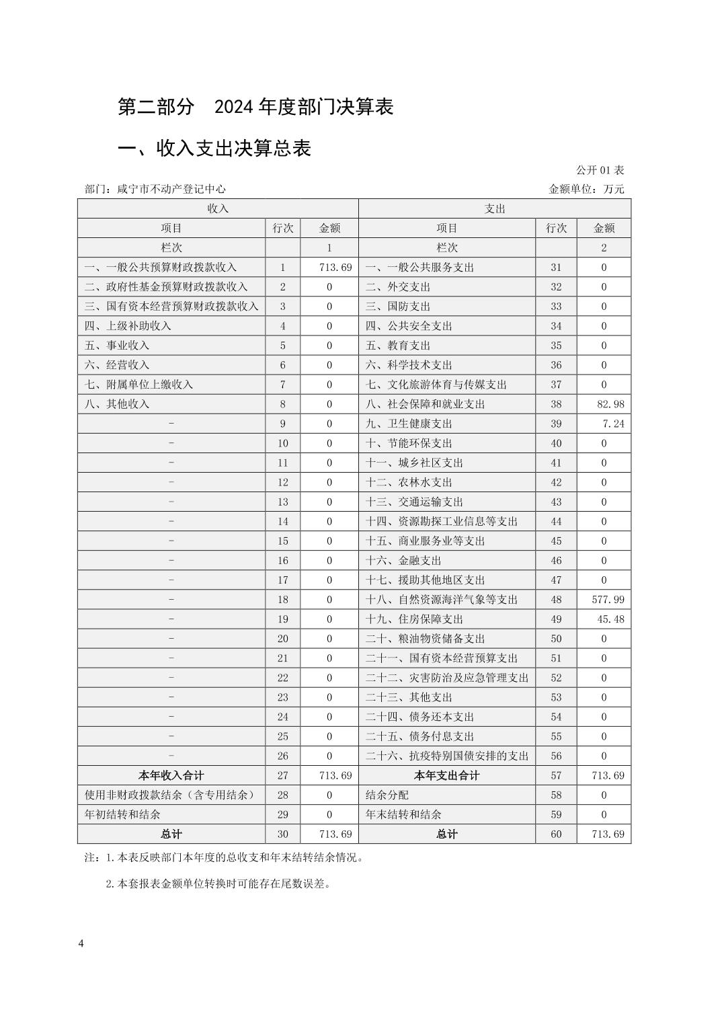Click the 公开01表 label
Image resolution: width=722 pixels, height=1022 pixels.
tap(600, 170)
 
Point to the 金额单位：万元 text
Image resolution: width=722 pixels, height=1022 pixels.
tap(587, 189)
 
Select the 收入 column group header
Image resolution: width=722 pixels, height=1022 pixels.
tap(218, 208)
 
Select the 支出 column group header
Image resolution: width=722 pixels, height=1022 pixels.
tap(495, 208)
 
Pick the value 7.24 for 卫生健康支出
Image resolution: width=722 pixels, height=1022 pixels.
tap(613, 424)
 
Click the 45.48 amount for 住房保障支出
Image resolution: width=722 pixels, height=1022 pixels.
tap(610, 619)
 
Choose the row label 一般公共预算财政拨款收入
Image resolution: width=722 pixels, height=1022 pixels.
tap(161, 267)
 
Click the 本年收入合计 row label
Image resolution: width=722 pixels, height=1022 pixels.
tap(171, 775)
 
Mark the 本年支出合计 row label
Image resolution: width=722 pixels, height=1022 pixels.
tap(447, 775)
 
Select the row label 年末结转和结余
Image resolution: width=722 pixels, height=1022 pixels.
tap(403, 814)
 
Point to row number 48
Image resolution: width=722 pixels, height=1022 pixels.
tap(556, 599)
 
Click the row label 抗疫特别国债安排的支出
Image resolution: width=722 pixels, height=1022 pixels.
tap(447, 756)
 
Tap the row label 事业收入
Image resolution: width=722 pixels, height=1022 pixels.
tap(117, 345)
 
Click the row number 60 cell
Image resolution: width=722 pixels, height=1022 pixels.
tap(556, 834)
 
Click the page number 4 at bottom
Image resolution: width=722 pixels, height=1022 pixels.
tap(81, 943)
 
